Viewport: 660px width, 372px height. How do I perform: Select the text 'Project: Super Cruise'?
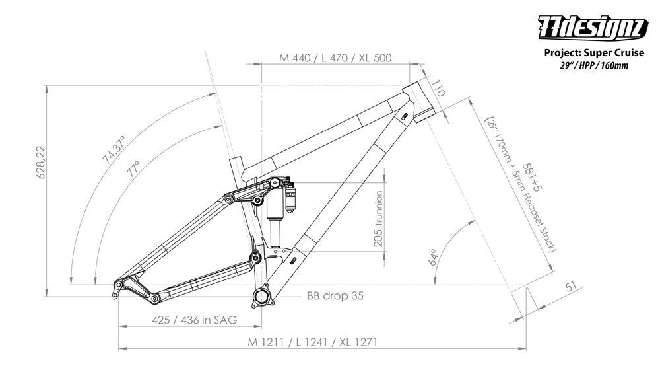tap(593, 53)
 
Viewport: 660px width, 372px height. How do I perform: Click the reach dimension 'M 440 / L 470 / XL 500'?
tap(335, 57)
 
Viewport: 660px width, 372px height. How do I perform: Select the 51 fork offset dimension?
tap(571, 286)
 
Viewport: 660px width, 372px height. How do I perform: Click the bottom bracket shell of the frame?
tap(262, 295)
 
